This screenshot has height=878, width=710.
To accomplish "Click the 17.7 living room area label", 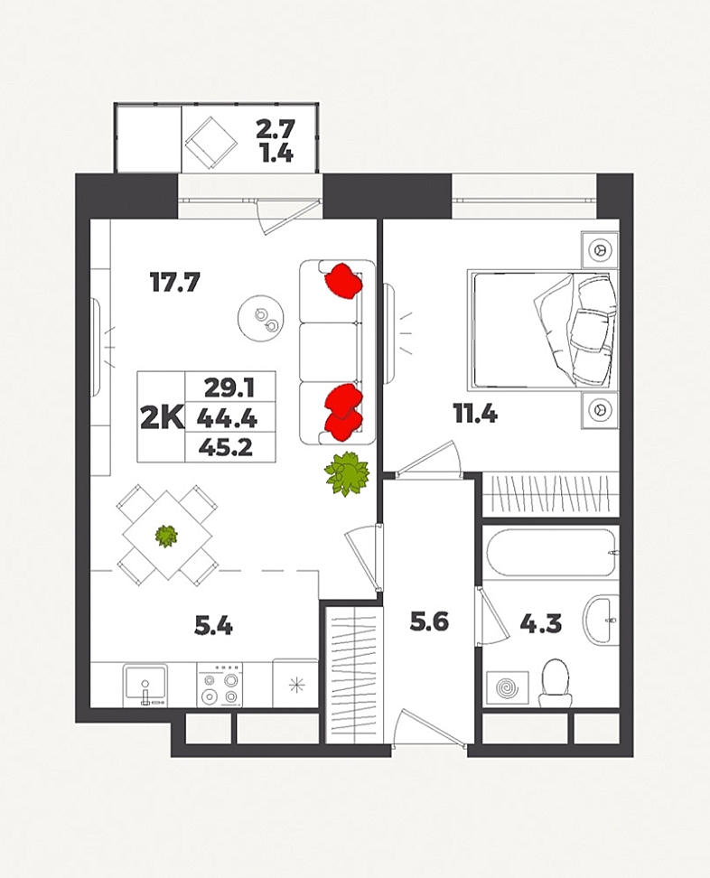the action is click(x=174, y=282).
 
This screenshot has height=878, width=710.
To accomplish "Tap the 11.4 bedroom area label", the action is click(x=475, y=415).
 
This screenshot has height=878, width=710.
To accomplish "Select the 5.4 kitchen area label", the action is click(x=213, y=625).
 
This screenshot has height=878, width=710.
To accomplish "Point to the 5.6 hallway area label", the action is click(x=429, y=621).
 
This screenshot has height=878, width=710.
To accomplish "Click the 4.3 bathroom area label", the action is click(x=540, y=623).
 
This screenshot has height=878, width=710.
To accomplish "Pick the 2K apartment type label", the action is click(x=162, y=417).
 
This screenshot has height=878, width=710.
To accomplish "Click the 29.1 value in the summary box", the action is click(x=229, y=388).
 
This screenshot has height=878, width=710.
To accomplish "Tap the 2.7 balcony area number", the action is click(x=275, y=129).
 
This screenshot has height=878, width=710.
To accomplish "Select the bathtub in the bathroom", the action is click(x=552, y=553).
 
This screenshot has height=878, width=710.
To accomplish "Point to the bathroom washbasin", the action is click(x=601, y=620).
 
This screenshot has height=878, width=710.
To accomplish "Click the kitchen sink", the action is click(x=145, y=685).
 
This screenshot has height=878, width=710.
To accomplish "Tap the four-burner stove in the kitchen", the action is click(x=220, y=685).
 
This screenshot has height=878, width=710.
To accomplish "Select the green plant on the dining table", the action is click(x=166, y=536).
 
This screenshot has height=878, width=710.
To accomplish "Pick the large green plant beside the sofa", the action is click(x=347, y=473).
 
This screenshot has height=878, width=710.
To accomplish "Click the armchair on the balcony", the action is click(x=211, y=143).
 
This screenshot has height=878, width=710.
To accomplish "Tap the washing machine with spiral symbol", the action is click(x=508, y=687).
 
